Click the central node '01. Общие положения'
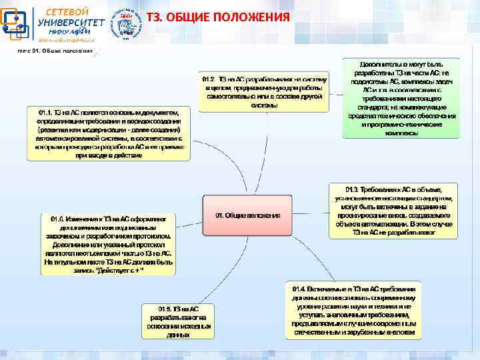click(x=247, y=216)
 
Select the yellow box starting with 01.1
click(x=108, y=133)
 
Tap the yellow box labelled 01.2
click(x=264, y=92)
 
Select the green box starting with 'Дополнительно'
click(x=400, y=96)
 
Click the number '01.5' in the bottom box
click(x=165, y=309)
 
